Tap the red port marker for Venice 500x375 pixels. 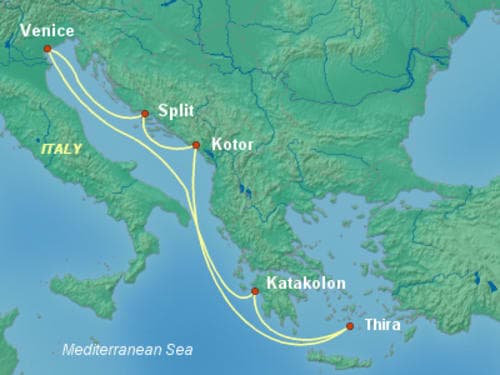[x=47, y=48]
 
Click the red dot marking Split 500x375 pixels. [x=145, y=114]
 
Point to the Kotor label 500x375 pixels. [x=232, y=145]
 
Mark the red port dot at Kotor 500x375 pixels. [x=196, y=146]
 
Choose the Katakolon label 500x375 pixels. [x=305, y=284]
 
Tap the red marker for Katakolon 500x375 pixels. [x=255, y=291]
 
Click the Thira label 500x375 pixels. [x=385, y=324]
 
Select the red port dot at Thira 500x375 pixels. [x=350, y=326]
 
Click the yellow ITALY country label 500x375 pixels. [x=62, y=147]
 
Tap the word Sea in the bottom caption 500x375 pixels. [x=180, y=351]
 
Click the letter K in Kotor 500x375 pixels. [x=212, y=145]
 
